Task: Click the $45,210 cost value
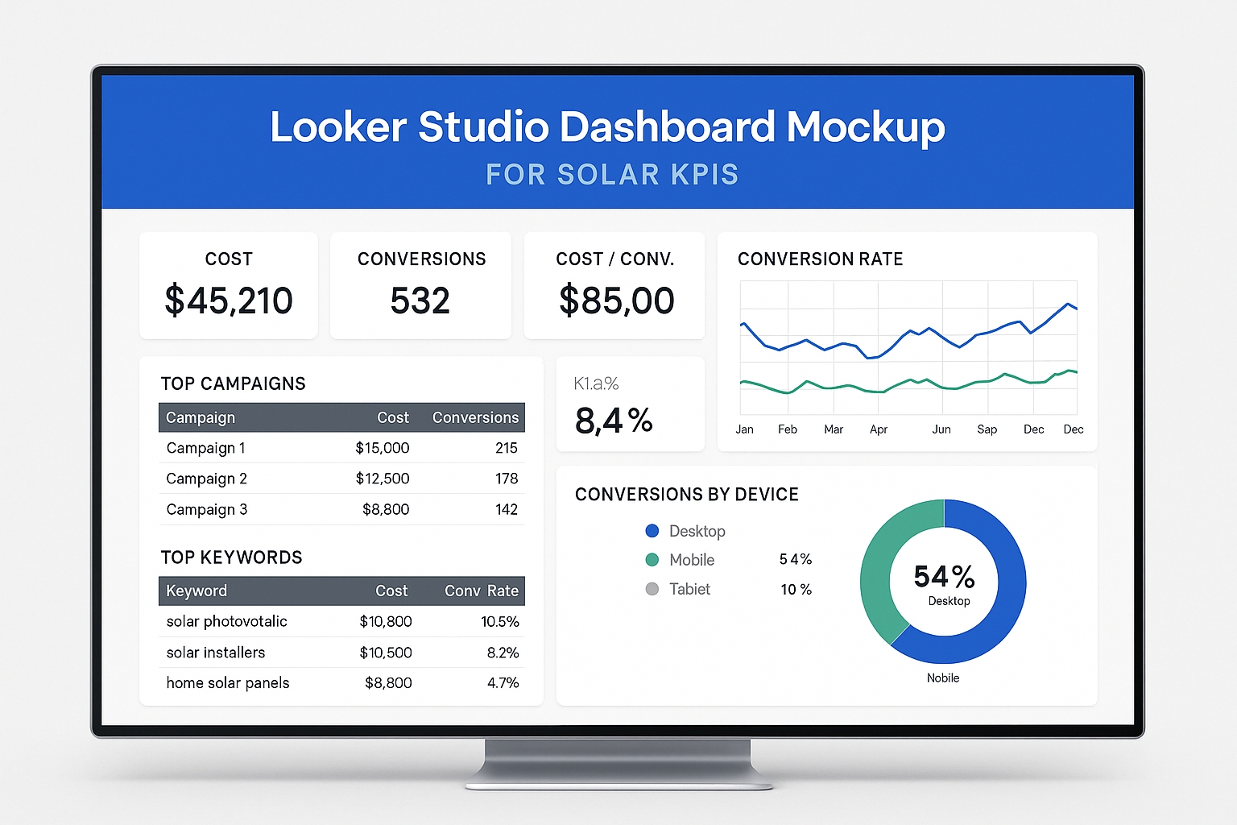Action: tap(229, 301)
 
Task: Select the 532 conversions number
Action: tap(420, 301)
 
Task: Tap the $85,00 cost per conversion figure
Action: tap(616, 301)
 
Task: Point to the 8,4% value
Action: tap(614, 421)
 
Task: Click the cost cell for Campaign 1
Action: tap(383, 448)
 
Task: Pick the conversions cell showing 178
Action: tap(507, 479)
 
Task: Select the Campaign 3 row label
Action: tap(207, 509)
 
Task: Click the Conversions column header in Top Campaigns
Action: tap(475, 417)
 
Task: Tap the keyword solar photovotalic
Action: tap(226, 621)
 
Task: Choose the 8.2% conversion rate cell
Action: tap(503, 653)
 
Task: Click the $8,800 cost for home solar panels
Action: tap(388, 683)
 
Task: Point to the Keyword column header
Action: tap(197, 591)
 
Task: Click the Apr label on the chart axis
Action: tap(879, 429)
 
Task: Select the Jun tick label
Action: tap(941, 429)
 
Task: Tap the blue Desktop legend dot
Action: tap(652, 531)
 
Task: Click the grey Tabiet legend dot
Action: tap(652, 589)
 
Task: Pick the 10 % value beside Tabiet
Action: tap(796, 590)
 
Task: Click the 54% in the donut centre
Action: tap(944, 577)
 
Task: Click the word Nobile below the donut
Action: tap(943, 678)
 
